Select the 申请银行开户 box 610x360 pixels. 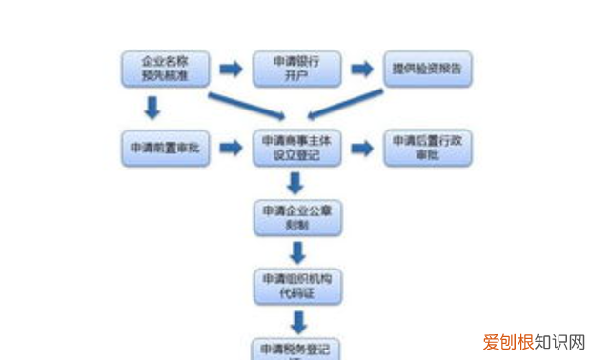[x=296, y=70]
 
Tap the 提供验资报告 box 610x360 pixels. [x=428, y=70]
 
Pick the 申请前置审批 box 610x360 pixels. [x=165, y=149]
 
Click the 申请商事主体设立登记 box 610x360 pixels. [x=296, y=149]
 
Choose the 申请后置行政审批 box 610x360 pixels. [x=428, y=149]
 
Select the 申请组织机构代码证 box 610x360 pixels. [x=296, y=285]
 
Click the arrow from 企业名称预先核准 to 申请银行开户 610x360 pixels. [x=230, y=70]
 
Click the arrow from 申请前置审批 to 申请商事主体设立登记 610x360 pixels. [x=230, y=149]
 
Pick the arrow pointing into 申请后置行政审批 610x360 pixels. [x=361, y=149]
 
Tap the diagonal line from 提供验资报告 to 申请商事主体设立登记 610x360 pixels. [x=345, y=103]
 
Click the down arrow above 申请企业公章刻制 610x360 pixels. [x=296, y=183]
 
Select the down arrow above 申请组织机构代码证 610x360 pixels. [x=297, y=252]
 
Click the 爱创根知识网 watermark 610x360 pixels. [x=535, y=342]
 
